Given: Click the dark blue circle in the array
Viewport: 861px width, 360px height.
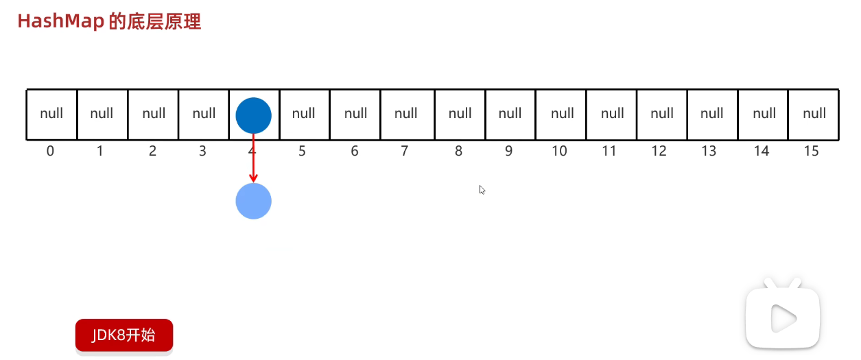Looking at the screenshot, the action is (253, 115).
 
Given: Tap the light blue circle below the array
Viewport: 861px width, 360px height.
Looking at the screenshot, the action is (253, 201).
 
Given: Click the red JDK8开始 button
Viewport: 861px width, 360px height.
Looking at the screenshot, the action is (124, 335).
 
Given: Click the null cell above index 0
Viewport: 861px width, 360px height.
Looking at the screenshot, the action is (51, 114).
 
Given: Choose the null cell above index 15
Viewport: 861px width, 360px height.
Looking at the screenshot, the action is (814, 114).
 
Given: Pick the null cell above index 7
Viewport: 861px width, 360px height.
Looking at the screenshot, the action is (406, 114).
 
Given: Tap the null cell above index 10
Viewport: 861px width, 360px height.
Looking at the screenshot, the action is (561, 114).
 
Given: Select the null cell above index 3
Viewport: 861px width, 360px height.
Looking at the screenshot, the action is (204, 114).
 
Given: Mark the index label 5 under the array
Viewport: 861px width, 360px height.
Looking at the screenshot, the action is (302, 151).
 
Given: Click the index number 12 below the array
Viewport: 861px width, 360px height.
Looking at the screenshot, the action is (659, 151).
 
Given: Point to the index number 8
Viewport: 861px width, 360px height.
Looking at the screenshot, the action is (458, 151).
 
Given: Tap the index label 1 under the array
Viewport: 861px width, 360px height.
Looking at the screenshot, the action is (100, 151).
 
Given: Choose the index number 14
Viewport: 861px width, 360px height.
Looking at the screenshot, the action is (761, 151).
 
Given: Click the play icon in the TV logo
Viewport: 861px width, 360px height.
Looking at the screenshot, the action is (783, 317).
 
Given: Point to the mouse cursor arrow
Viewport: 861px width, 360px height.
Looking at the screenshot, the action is (482, 190).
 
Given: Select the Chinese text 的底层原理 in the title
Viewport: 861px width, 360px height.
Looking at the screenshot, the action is (155, 21).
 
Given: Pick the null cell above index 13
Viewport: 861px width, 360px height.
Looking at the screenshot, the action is (712, 114).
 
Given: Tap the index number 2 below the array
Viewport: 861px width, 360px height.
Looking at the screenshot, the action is (152, 151).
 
